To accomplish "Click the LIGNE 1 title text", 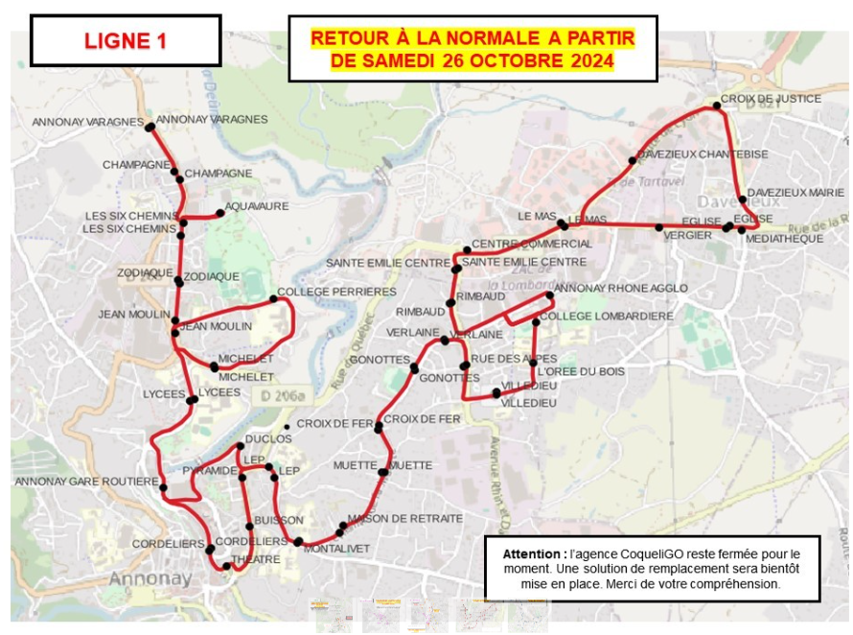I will (126, 41).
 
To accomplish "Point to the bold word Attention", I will (534, 554).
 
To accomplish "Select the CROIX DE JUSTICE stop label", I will (771, 99).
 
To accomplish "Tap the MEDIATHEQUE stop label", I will (783, 238).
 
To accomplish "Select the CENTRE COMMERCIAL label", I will (532, 244).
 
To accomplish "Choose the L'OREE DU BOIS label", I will (574, 371).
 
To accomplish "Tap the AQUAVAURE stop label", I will (258, 206).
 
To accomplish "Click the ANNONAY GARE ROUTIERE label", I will (86, 481).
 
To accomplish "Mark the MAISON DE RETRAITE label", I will (404, 519).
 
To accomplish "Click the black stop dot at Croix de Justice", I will (716, 105).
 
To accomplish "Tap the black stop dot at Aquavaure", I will (220, 213).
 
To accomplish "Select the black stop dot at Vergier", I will (658, 227).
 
